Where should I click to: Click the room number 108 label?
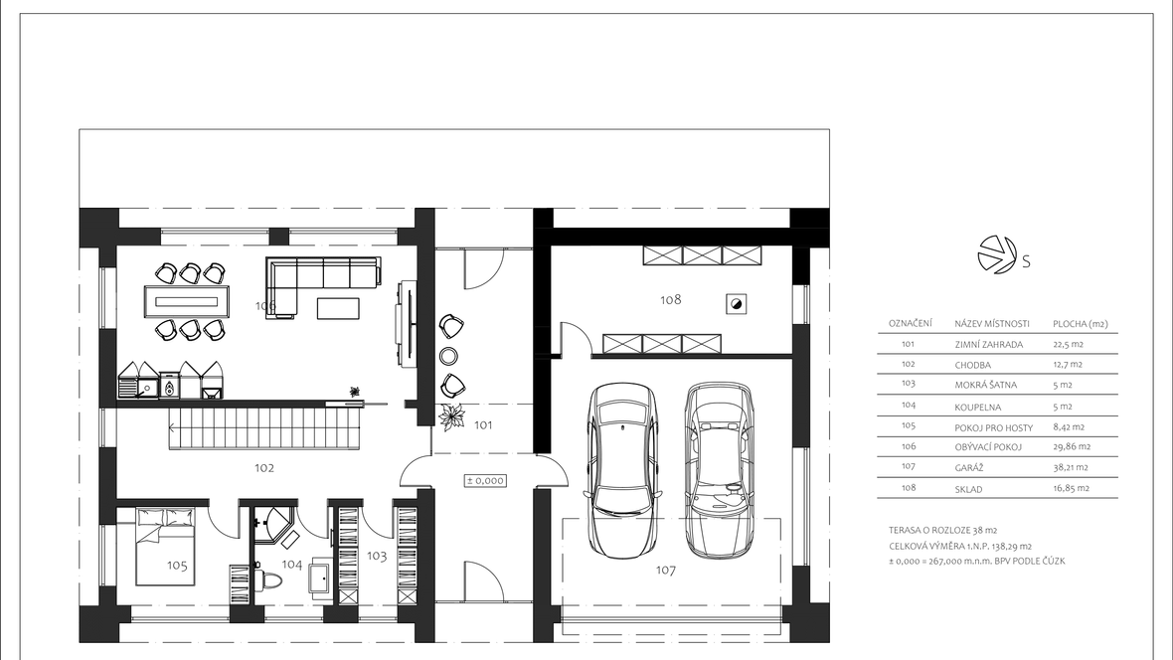pyautogui.click(x=670, y=299)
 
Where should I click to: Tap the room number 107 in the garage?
pyautogui.click(x=666, y=571)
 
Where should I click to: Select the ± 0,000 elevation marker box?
pyautogui.click(x=485, y=480)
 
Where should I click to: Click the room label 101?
pyautogui.click(x=483, y=425)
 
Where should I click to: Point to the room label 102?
pyautogui.click(x=264, y=468)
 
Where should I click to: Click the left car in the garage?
pyautogui.click(x=623, y=471)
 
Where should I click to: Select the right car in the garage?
pyautogui.click(x=720, y=471)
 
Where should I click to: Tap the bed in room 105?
pyautogui.click(x=165, y=546)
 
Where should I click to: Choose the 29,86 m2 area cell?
pyautogui.click(x=1072, y=446)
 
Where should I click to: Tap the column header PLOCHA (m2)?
pyautogui.click(x=1081, y=324)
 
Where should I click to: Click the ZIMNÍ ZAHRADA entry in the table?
pyautogui.click(x=988, y=345)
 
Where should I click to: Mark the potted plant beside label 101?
pyautogui.click(x=452, y=416)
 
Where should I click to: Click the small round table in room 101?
pyautogui.click(x=449, y=355)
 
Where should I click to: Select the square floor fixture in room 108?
pyautogui.click(x=737, y=304)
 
